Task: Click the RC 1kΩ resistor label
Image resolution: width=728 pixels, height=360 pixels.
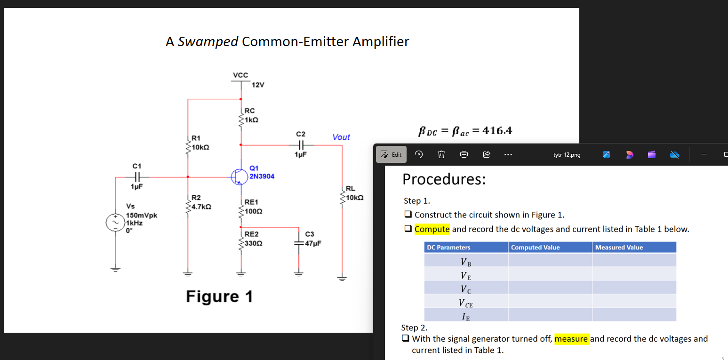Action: pyautogui.click(x=251, y=115)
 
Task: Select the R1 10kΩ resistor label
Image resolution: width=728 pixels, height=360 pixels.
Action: pyautogui.click(x=200, y=143)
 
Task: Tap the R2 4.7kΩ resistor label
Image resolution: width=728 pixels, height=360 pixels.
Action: pyautogui.click(x=200, y=202)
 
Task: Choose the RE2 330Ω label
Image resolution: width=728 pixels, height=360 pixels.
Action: pyautogui.click(x=253, y=239)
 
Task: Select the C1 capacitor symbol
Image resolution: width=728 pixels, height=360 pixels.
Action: pyautogui.click(x=136, y=177)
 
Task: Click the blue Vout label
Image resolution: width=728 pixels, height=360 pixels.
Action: pyautogui.click(x=341, y=137)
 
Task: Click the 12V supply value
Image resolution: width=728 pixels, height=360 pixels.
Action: pyautogui.click(x=258, y=85)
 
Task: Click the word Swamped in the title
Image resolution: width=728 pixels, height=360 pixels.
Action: pyautogui.click(x=208, y=41)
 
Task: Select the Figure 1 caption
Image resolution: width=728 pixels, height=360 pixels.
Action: pyautogui.click(x=219, y=296)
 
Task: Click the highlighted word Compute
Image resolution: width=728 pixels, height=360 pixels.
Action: pyautogui.click(x=432, y=229)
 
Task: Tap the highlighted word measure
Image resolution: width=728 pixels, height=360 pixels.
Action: pyautogui.click(x=571, y=339)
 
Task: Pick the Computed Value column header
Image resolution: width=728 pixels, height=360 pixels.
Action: pyautogui.click(x=535, y=248)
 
